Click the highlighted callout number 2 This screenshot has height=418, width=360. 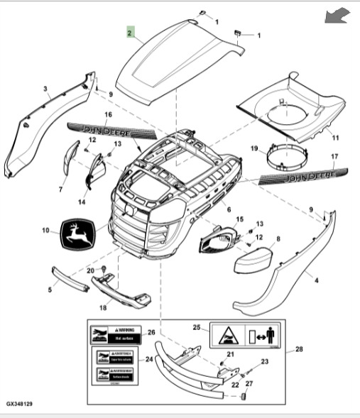pyautogui.click(x=129, y=33)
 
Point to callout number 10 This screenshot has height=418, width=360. pyautogui.click(x=45, y=230)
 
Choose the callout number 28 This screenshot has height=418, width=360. pyautogui.click(x=298, y=350)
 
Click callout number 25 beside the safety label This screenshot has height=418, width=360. pyautogui.click(x=197, y=327)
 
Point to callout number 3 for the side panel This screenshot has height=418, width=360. pyautogui.click(x=45, y=89)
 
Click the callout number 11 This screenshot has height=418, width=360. pyautogui.click(x=336, y=136)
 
